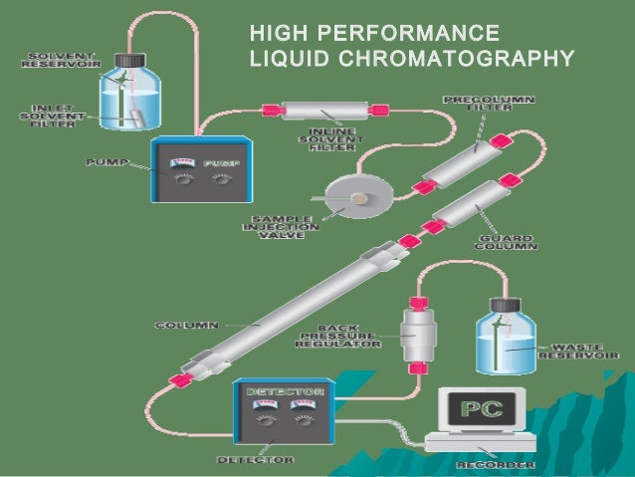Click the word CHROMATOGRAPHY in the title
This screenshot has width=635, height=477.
[458, 59]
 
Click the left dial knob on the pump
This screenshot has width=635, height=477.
[180, 182]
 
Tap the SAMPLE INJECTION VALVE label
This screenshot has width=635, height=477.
[282, 226]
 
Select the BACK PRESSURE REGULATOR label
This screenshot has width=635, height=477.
[339, 337]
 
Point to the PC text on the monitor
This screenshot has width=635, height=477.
[481, 406]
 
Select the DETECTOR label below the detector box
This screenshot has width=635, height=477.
[256, 460]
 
